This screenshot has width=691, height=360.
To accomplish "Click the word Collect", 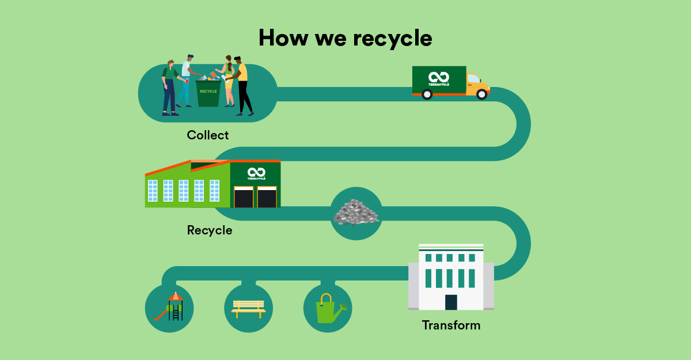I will [x=207, y=135].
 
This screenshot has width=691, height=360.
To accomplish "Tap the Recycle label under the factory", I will [x=210, y=230].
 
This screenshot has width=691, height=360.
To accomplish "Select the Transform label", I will [x=451, y=325].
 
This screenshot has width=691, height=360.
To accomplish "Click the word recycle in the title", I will [x=393, y=38].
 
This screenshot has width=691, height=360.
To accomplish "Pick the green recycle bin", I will [x=208, y=93].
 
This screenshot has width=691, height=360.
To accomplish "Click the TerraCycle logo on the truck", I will [x=439, y=78].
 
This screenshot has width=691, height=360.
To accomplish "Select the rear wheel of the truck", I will [x=427, y=94].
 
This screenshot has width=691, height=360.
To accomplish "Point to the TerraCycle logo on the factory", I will [x=256, y=173].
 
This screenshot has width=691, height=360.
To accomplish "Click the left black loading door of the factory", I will [x=244, y=196].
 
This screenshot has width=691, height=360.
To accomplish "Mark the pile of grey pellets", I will [x=356, y=213].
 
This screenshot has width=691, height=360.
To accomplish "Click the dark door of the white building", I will [x=451, y=302].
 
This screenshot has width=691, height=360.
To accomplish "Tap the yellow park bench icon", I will [x=248, y=308].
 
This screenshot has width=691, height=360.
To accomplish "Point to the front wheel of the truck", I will [x=481, y=94].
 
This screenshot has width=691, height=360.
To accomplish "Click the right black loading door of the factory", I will [x=267, y=196].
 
